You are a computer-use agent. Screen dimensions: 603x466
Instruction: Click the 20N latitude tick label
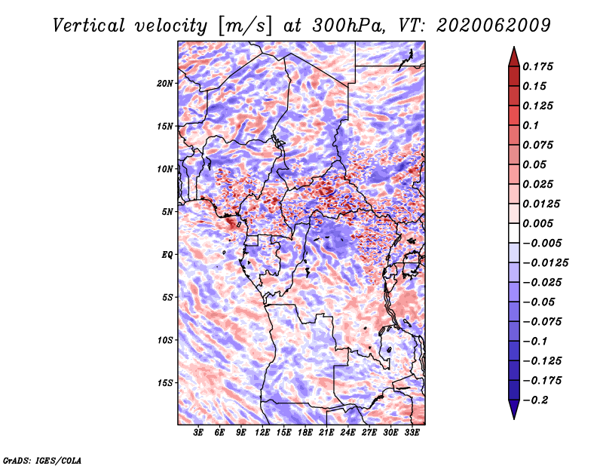[x=165, y=84]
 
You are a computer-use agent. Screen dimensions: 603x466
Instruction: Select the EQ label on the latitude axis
[x=167, y=255]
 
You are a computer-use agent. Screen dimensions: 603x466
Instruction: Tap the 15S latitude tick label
[x=165, y=383]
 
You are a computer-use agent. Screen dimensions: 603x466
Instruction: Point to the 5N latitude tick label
[x=167, y=212]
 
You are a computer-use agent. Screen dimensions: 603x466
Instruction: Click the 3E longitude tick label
[x=198, y=432]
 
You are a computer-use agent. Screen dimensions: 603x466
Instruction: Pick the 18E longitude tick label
[x=305, y=432]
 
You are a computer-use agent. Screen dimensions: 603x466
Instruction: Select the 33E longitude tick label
[x=412, y=432]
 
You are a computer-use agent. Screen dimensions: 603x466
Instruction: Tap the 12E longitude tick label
[x=262, y=432]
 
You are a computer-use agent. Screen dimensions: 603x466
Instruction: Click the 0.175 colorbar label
[x=537, y=66]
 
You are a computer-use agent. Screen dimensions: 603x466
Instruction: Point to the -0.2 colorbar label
[x=535, y=400]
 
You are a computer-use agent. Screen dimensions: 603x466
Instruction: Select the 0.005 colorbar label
[x=537, y=223]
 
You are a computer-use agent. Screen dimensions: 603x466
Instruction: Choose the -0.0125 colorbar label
[x=545, y=263]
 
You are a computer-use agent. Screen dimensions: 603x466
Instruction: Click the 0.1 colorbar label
[x=531, y=125]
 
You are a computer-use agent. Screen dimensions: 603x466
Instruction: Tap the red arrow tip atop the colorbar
[x=514, y=47]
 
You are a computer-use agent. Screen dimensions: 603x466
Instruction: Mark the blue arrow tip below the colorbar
[x=514, y=418]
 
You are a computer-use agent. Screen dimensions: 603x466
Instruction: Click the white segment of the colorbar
[x=514, y=233]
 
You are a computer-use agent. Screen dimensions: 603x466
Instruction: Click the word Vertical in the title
[x=89, y=26]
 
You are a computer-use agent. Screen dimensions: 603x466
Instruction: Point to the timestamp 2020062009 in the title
[x=494, y=26]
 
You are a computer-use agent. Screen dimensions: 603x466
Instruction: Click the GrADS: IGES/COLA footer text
[x=42, y=460]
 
